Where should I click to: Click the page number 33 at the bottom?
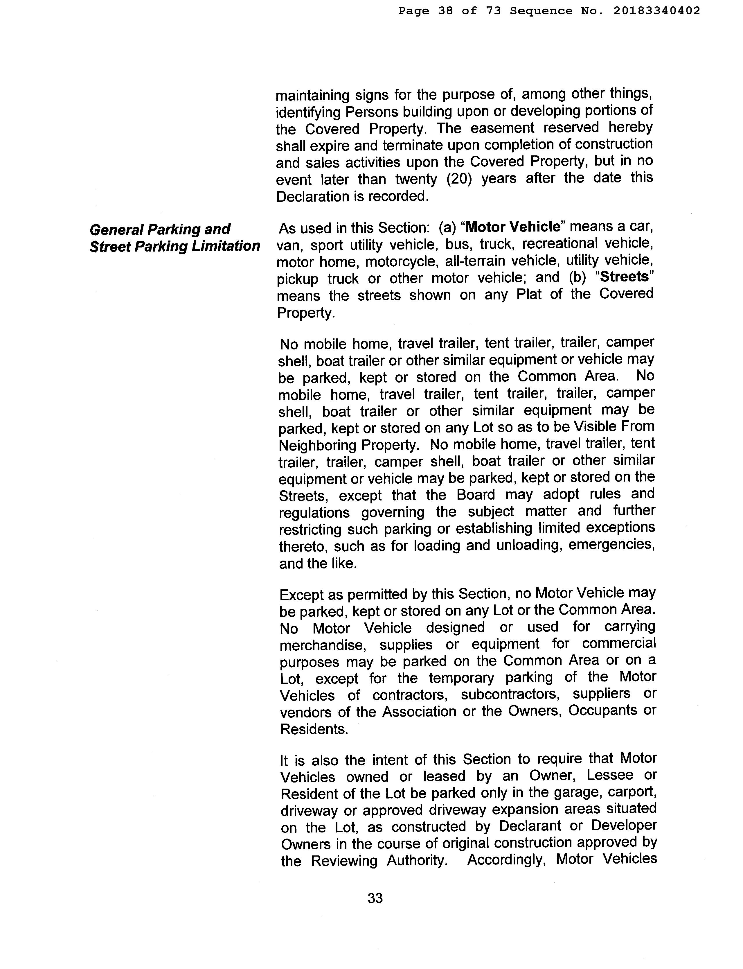point(375,898)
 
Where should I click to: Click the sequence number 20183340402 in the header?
point(657,11)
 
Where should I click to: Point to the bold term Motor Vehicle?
point(513,227)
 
